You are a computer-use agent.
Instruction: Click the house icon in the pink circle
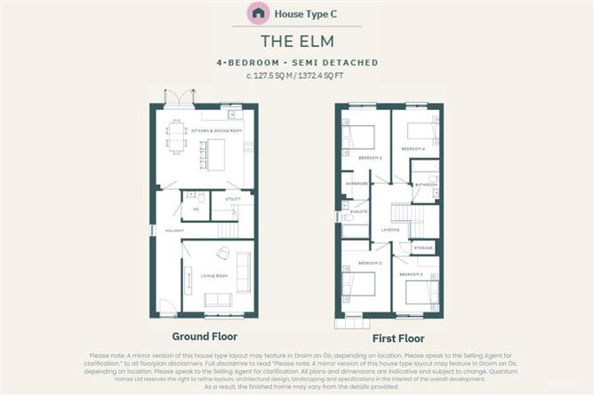[259, 13]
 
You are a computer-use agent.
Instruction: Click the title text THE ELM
[297, 41]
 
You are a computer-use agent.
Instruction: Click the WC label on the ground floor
[196, 210]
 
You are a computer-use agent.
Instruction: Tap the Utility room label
[232, 199]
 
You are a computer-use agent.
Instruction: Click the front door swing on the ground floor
[165, 306]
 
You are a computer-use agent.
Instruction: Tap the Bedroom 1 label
[370, 158]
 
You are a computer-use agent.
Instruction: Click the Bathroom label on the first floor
[427, 185]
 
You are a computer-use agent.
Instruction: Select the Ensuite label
[359, 212]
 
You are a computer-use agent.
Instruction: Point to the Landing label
[388, 229]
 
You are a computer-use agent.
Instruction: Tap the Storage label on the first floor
[423, 249]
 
